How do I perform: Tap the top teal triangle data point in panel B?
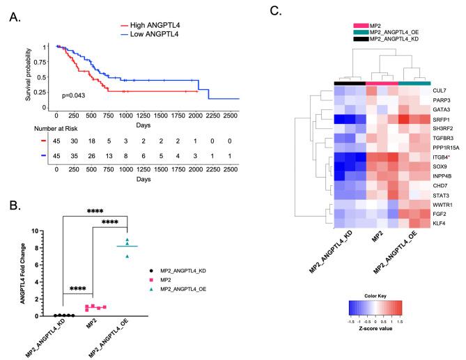126,240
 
